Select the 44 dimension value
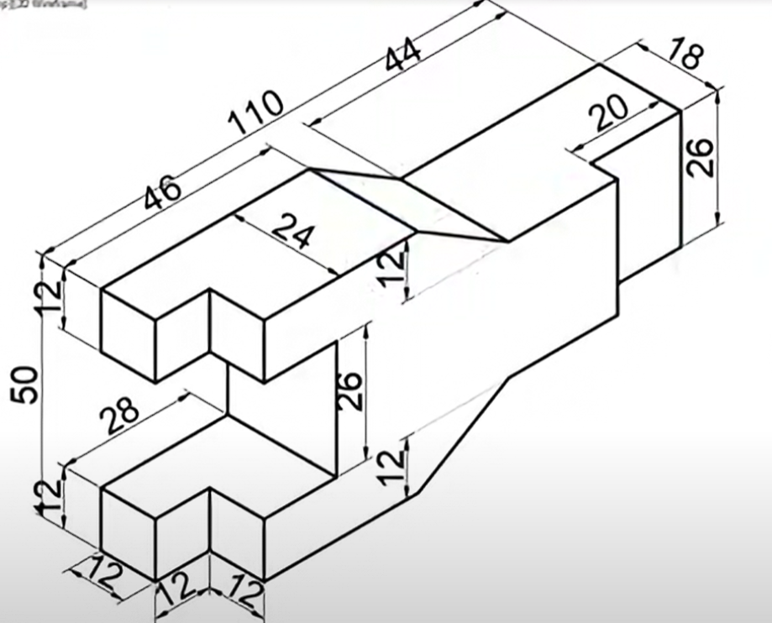coord(404,61)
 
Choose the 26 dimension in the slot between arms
coord(352,390)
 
